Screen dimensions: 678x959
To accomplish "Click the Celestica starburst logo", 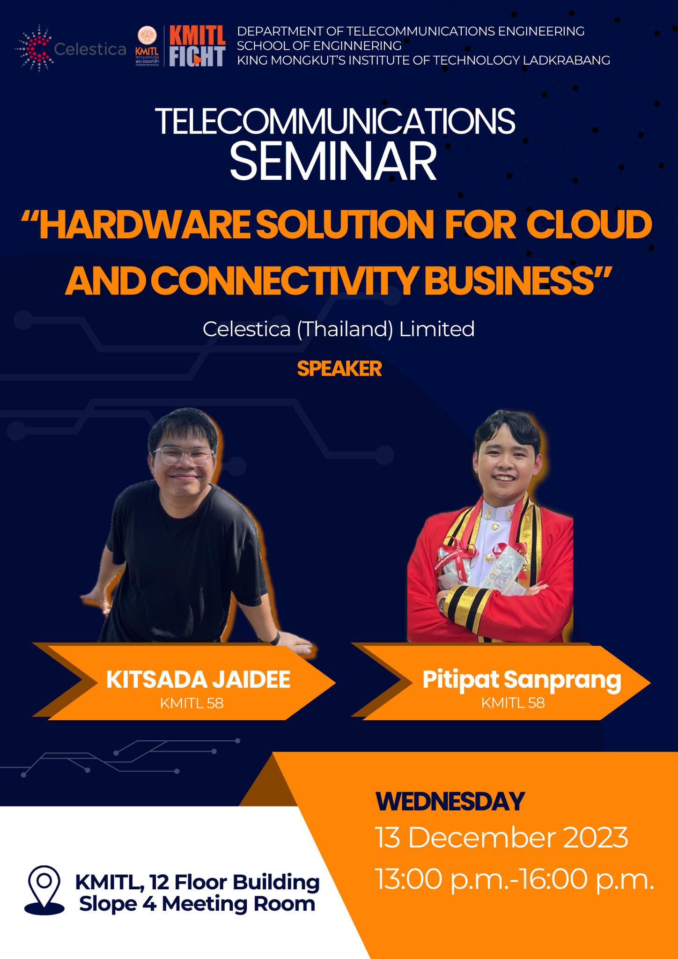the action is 35,48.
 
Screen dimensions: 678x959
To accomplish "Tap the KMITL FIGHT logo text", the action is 197,46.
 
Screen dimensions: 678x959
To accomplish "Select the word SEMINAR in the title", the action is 333,162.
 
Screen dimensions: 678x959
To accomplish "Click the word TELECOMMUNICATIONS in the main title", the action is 335,121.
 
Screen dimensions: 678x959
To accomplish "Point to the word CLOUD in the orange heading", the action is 590,225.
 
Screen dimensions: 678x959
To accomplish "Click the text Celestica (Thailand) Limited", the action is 339,329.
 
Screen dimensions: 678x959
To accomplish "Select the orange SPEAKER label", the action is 339,369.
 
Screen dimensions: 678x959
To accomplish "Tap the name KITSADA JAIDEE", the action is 199,679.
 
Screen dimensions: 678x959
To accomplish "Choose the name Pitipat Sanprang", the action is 522,680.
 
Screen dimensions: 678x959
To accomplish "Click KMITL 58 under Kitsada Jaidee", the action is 192,703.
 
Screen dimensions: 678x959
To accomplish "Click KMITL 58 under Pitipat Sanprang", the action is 513,703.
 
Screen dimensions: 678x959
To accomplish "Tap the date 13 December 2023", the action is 501,838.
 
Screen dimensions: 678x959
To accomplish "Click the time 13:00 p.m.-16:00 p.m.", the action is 515,880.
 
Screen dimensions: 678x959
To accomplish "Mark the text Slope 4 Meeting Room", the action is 197,904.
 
